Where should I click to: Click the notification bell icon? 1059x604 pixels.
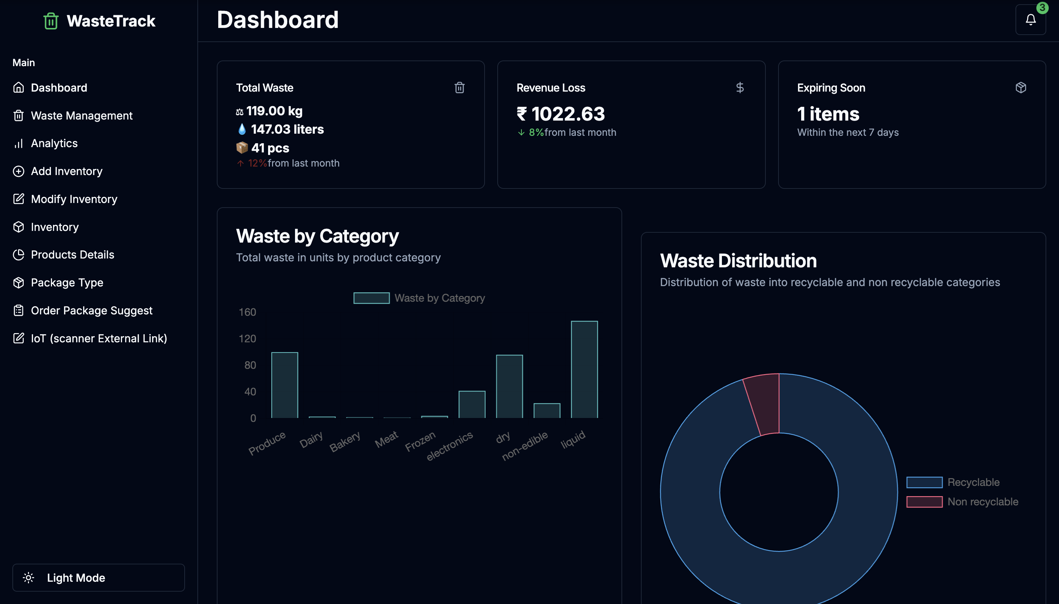pos(1030,19)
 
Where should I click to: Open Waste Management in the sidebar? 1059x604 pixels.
pos(81,116)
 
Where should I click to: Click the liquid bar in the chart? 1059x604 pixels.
pos(584,369)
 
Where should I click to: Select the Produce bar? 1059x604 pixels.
pos(284,385)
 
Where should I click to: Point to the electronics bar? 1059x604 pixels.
pos(471,405)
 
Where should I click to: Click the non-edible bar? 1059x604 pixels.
pos(547,411)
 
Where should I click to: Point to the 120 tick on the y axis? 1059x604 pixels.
pos(247,338)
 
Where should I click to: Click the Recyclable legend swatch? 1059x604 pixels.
pos(924,482)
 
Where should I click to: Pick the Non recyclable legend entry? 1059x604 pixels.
pos(982,501)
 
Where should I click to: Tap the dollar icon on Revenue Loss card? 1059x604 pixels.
pos(740,88)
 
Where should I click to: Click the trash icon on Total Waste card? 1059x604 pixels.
pos(459,88)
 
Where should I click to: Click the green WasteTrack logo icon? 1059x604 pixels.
pos(51,21)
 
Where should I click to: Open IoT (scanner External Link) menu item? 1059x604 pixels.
pos(99,338)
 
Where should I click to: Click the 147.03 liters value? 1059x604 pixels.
pos(287,129)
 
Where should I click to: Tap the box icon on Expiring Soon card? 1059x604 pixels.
pos(1020,88)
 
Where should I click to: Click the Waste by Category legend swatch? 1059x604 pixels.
pos(371,298)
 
